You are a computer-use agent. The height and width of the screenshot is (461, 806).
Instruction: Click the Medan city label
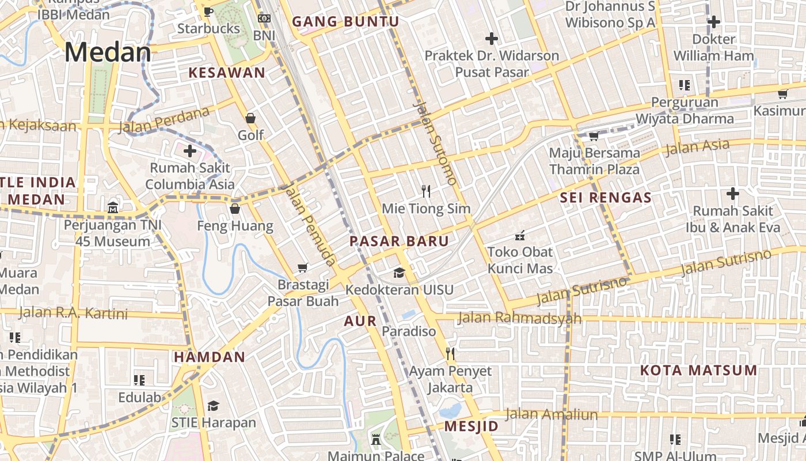click(x=108, y=52)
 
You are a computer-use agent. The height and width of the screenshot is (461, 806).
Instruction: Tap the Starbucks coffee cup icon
click(x=208, y=12)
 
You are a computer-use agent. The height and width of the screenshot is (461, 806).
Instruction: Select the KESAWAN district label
click(x=227, y=73)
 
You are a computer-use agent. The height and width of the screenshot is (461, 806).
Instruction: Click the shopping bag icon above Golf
click(x=250, y=118)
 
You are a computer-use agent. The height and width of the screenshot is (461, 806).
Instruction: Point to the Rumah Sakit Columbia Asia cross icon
click(x=189, y=152)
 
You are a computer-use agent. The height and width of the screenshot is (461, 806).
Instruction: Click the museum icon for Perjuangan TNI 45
click(x=113, y=207)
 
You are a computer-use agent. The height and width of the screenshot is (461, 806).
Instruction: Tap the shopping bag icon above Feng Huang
click(x=235, y=209)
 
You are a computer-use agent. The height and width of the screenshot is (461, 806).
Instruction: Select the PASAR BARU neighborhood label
click(x=399, y=241)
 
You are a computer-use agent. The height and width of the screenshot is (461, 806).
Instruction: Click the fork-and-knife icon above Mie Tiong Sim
click(x=426, y=191)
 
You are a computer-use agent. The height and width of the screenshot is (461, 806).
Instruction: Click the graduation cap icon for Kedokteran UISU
click(x=399, y=273)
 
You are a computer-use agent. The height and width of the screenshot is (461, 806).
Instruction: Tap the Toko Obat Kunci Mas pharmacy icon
click(x=520, y=235)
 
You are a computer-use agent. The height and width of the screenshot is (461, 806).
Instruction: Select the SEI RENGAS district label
click(x=606, y=198)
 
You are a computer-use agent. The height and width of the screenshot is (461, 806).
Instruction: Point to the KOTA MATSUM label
click(x=698, y=370)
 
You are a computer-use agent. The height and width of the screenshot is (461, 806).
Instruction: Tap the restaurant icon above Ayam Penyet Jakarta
click(x=450, y=354)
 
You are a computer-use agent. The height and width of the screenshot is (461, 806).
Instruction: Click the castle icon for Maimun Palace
click(x=376, y=440)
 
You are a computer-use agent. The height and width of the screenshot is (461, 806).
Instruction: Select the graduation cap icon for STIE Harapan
click(x=213, y=406)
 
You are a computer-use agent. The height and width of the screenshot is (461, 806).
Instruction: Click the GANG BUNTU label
click(x=345, y=22)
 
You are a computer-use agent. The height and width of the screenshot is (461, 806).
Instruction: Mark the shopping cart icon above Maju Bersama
click(x=594, y=137)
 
